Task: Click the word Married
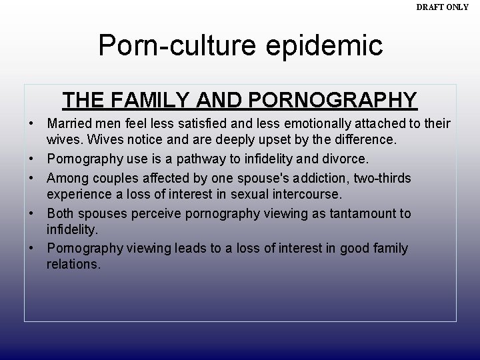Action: point(68,125)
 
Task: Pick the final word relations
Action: point(72,264)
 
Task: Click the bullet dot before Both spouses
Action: point(32,213)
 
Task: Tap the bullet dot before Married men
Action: point(32,125)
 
